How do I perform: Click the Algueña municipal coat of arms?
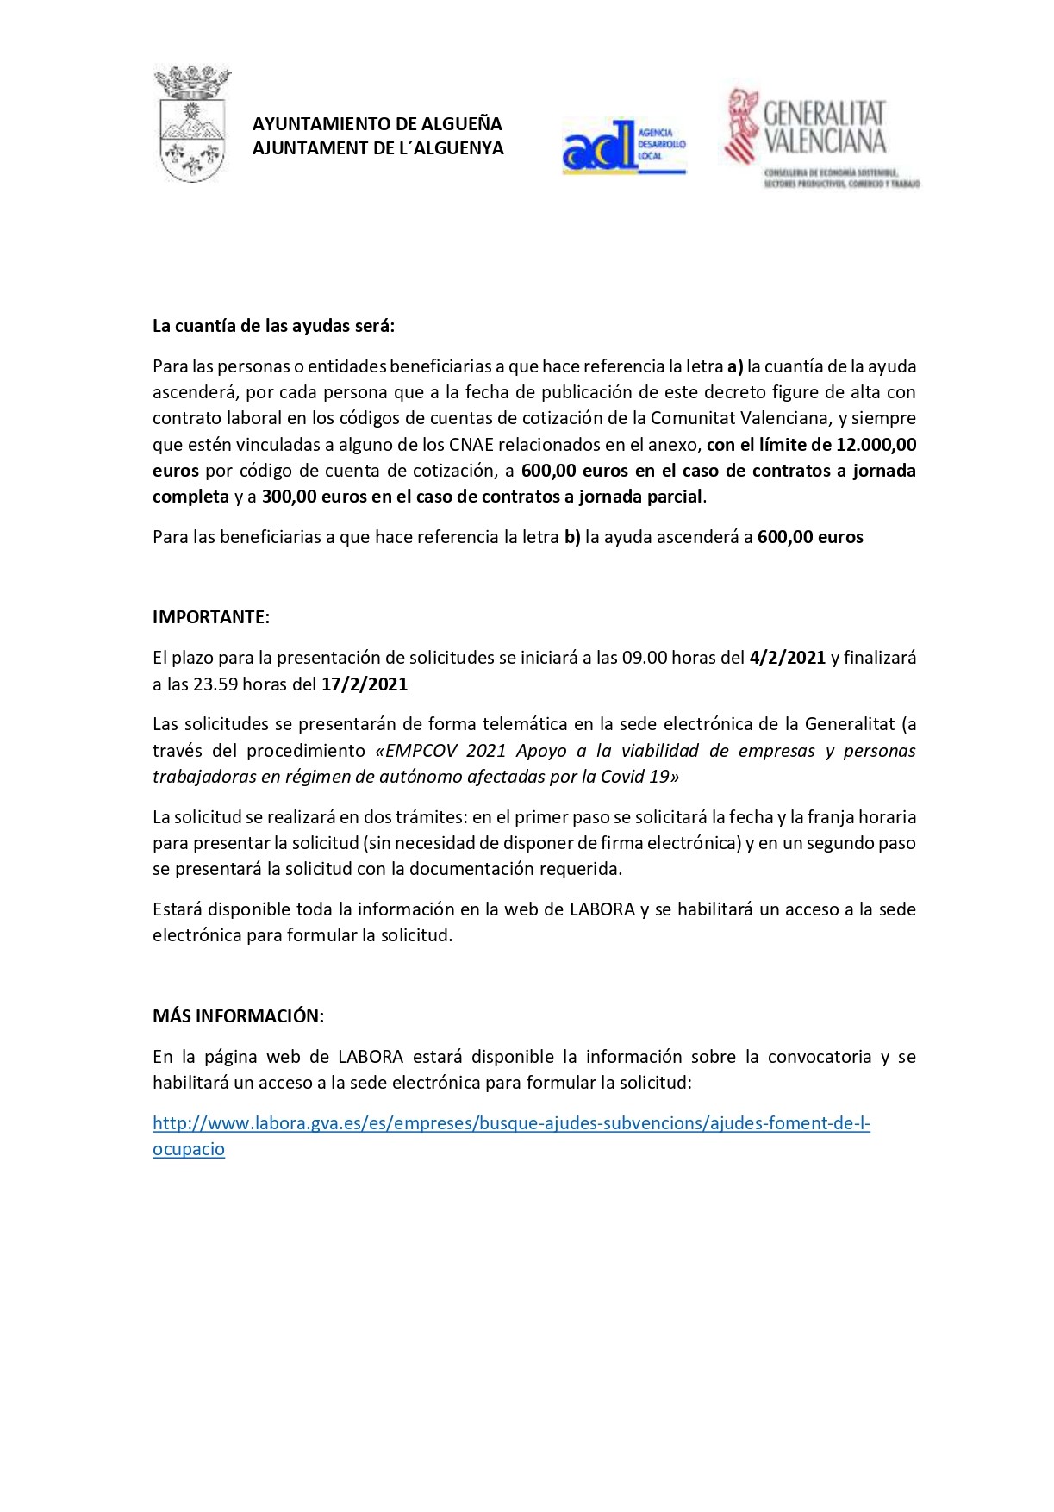[191, 124]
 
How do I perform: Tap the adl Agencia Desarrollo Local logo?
[623, 147]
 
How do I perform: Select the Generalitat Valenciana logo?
[821, 138]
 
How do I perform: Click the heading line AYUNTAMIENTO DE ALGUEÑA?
[377, 124]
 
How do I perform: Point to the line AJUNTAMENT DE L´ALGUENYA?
[377, 148]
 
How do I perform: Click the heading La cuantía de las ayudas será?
[273, 326]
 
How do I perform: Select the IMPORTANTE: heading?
[211, 617]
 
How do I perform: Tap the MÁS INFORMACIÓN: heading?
[238, 1016]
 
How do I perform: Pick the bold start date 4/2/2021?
[788, 658]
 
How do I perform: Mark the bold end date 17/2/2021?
[365, 684]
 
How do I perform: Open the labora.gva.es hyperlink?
[511, 1123]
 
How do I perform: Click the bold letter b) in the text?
[572, 537]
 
